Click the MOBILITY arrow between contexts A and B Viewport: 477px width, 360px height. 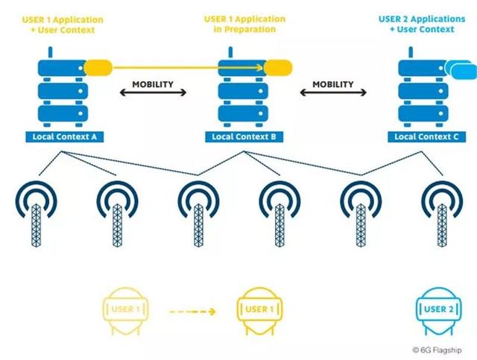[153, 93]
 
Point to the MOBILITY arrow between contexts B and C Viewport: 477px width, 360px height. [333, 93]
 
